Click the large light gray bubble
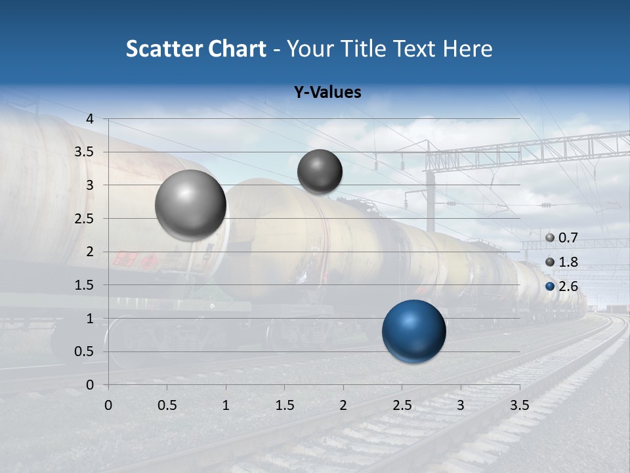click(x=191, y=205)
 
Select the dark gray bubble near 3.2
click(x=320, y=171)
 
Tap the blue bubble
click(x=413, y=331)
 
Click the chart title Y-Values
click(x=327, y=93)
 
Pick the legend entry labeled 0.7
click(x=562, y=238)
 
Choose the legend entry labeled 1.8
click(x=562, y=262)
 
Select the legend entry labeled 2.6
click(x=562, y=286)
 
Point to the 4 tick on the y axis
click(x=90, y=119)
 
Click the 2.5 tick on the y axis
click(x=83, y=219)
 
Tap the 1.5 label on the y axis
click(x=83, y=285)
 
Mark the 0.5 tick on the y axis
click(x=83, y=351)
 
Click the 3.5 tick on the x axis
click(x=519, y=405)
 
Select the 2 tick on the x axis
click(x=343, y=405)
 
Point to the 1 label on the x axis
click(x=226, y=405)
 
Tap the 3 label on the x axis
click(x=461, y=405)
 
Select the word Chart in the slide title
click(x=237, y=49)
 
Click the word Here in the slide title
click(x=467, y=49)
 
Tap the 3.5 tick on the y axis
click(x=83, y=152)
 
